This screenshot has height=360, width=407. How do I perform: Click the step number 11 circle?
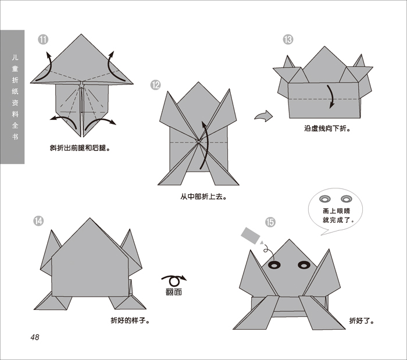(43, 40)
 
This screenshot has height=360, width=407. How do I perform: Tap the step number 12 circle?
(155, 85)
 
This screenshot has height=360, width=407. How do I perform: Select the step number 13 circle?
(288, 40)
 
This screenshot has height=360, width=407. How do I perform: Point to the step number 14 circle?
(38, 221)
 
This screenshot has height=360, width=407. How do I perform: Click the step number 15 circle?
(270, 222)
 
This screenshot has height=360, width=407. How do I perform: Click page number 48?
(35, 337)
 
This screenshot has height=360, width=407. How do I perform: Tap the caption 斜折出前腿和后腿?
(80, 148)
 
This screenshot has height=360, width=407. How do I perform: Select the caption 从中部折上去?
(203, 197)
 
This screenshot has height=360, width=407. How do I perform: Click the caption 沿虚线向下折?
(327, 129)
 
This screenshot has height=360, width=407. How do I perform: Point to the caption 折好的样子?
(131, 320)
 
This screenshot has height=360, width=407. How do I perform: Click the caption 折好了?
(362, 321)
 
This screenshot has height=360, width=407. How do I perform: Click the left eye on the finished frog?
(274, 265)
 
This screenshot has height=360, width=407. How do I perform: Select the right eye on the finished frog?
(304, 265)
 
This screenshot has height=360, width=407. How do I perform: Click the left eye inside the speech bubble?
(324, 199)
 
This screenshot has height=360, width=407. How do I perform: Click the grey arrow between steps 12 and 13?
(264, 116)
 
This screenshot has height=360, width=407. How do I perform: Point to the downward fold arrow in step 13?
(331, 97)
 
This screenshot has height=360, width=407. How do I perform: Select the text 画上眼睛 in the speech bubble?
(337, 211)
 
